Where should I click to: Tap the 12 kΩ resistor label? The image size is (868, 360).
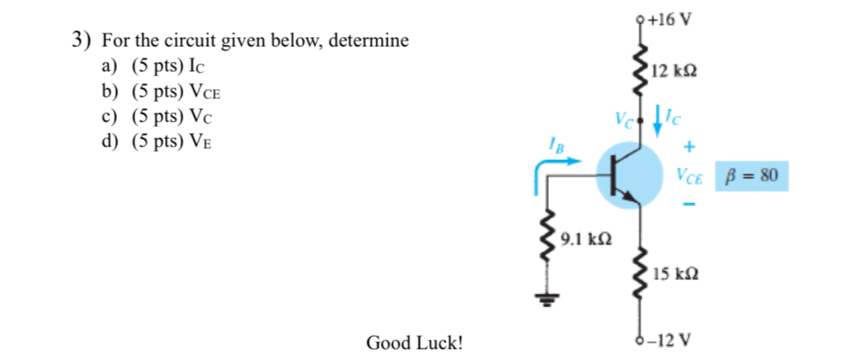[x=673, y=72]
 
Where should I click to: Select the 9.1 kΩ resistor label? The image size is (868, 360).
[x=586, y=240]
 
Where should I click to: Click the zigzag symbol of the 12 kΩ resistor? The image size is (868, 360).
[x=641, y=72]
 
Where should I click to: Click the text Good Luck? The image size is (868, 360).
[x=414, y=343]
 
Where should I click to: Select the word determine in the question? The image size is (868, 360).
[x=374, y=41]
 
